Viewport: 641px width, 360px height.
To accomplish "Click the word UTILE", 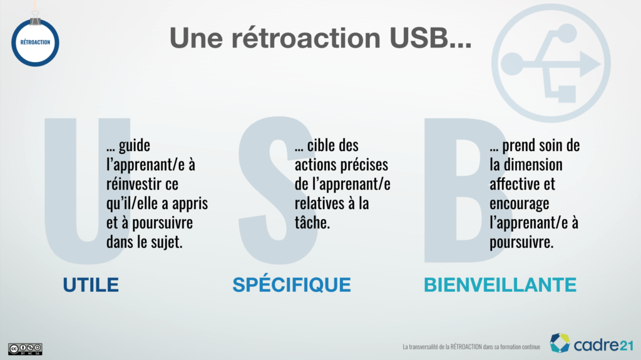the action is [91, 285].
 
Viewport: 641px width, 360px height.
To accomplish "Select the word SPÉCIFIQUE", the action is [292, 284].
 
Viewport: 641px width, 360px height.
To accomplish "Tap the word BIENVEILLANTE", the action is [500, 285].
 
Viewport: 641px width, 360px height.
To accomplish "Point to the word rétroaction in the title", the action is [305, 38].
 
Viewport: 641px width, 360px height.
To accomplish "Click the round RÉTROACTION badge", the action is [35, 43].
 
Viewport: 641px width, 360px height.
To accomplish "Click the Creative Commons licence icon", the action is [25, 349].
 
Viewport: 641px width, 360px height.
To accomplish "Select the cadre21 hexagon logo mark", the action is [560, 343].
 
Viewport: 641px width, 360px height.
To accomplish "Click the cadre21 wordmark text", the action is [603, 345].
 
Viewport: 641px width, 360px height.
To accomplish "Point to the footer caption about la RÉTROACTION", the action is [471, 347].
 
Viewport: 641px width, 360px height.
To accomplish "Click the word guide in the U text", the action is [135, 146].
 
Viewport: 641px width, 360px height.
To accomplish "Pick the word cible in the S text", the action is [322, 145].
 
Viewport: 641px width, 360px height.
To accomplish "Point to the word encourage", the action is [519, 204].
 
